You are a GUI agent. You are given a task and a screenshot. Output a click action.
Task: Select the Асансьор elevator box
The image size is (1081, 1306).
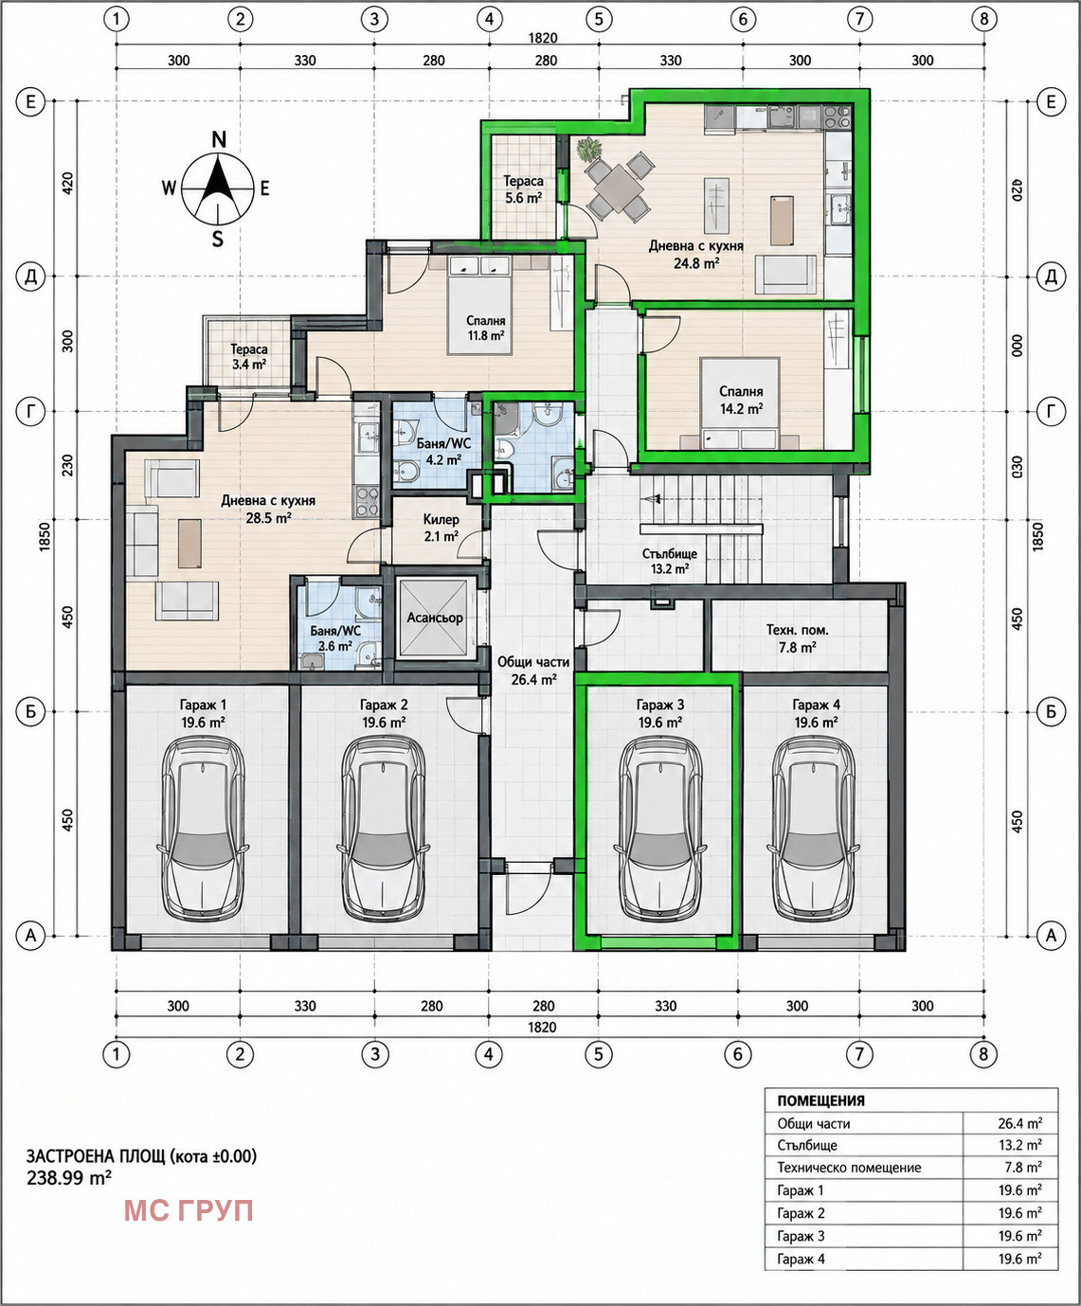pyautogui.click(x=435, y=618)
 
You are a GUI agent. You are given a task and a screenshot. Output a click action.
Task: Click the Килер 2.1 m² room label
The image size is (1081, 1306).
pyautogui.click(x=441, y=528)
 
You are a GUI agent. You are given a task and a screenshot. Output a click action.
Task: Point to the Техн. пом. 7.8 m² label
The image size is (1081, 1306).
pyautogui.click(x=797, y=638)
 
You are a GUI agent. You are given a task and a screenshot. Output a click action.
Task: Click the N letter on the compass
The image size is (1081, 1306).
pyautogui.click(x=219, y=139)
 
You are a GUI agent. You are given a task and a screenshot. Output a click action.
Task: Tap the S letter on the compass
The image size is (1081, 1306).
pyautogui.click(x=218, y=239)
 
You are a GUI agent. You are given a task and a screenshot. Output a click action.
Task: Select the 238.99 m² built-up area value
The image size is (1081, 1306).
pyautogui.click(x=69, y=1178)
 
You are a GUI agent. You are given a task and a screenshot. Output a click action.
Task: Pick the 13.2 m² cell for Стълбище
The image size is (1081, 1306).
pyautogui.click(x=1019, y=1145)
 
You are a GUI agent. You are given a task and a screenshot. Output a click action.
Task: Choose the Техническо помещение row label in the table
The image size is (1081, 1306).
pyautogui.click(x=849, y=1167)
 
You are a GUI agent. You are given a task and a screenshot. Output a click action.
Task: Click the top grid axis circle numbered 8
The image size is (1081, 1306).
pyautogui.click(x=984, y=19)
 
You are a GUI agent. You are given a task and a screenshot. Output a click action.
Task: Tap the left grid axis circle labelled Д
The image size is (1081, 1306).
pyautogui.click(x=30, y=277)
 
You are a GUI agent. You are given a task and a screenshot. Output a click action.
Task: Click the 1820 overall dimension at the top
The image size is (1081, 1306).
pyautogui.click(x=543, y=38)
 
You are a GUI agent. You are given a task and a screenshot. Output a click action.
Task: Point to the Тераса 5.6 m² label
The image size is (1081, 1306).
pyautogui.click(x=523, y=188)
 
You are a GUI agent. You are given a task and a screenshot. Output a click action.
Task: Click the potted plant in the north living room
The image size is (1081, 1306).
pyautogui.click(x=588, y=150)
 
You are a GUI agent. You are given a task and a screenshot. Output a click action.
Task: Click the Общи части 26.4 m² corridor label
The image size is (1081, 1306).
pyautogui.click(x=533, y=671)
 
